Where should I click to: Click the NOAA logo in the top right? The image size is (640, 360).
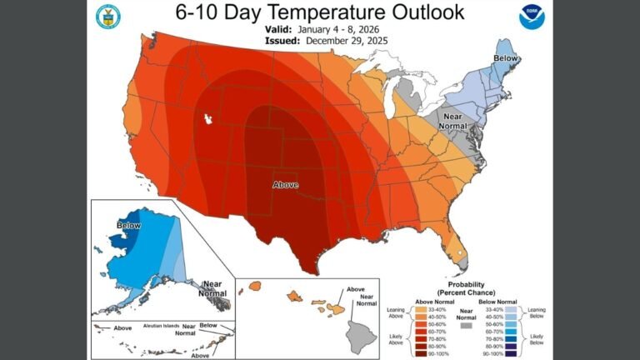530,17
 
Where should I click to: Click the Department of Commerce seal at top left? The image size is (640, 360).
107,16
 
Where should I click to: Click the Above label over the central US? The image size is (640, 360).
285,184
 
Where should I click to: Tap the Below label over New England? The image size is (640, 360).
505,58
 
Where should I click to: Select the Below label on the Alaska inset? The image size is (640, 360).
128,225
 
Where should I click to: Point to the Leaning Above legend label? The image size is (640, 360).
398,312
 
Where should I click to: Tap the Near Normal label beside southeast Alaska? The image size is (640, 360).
212,288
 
